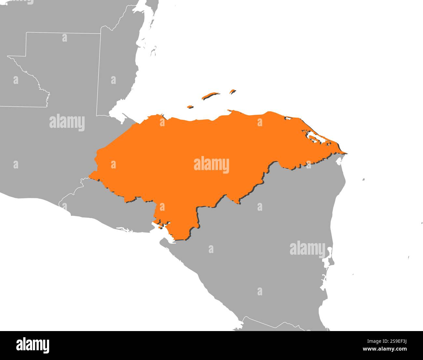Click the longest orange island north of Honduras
(x=211, y=96)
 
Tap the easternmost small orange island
(x=232, y=91)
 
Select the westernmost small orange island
(x=190, y=106)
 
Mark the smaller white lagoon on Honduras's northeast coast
(x=288, y=118)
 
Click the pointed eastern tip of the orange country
(x=346, y=153)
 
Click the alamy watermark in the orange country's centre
(x=211, y=165)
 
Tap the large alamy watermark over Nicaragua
(x=307, y=249)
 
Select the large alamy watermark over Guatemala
(x=67, y=122)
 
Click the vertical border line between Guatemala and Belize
(x=99, y=75)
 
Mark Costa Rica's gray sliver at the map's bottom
(x=277, y=327)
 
